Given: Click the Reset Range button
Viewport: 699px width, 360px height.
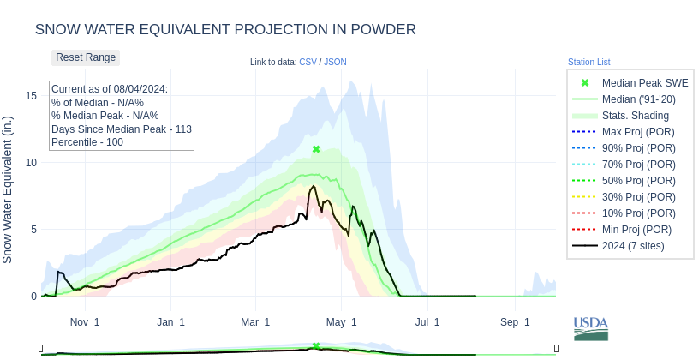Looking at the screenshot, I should coord(86,57).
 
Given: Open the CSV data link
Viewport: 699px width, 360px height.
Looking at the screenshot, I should coord(308,62).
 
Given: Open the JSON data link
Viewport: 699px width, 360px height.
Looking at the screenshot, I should coord(335,62).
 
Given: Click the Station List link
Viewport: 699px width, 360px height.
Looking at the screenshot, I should coord(588,62).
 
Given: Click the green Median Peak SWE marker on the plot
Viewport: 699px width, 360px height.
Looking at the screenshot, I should coord(316,149).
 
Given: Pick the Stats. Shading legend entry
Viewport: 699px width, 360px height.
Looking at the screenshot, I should coord(635,116).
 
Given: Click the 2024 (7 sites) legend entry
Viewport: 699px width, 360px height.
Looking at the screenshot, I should coord(633,246).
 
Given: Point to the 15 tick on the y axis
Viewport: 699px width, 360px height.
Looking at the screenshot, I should coord(31,95).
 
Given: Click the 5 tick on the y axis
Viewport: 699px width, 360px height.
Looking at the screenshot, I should coord(34,229).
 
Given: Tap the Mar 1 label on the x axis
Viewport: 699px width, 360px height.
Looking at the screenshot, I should coord(255,322).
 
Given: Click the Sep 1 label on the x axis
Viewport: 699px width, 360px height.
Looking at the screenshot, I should coord(515,322).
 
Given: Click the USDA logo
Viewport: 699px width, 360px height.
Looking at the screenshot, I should coord(591,328).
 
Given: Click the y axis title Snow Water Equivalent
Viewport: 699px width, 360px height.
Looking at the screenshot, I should coord(8,189).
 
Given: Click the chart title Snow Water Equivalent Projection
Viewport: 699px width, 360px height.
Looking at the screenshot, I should coord(225,29).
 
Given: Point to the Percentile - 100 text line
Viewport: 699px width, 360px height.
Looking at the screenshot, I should coord(87,142).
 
